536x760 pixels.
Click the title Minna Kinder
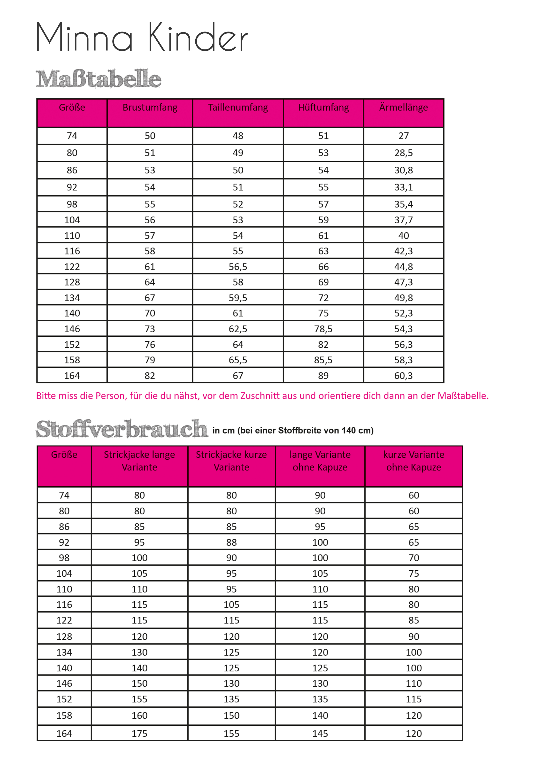pos(142,37)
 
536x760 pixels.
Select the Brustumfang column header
pos(150,108)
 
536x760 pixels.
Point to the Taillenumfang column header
pos(238,108)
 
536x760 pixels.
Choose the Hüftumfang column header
pos(323,108)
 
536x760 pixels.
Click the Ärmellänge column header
pos(403,108)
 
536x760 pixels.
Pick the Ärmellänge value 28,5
pos(403,153)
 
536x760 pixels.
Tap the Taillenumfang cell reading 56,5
pos(238,267)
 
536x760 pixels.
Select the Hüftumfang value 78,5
pos(323,329)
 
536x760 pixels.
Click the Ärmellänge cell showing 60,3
pos(403,376)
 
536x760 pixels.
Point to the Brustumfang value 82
pos(150,376)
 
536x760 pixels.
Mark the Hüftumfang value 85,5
pos(323,360)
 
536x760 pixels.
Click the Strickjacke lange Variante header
pos(139,461)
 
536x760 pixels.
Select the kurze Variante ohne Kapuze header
pos(413,461)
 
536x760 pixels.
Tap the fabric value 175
pos(139,734)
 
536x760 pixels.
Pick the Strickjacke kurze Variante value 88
pos(231,543)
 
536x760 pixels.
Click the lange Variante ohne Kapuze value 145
pos(320,734)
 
